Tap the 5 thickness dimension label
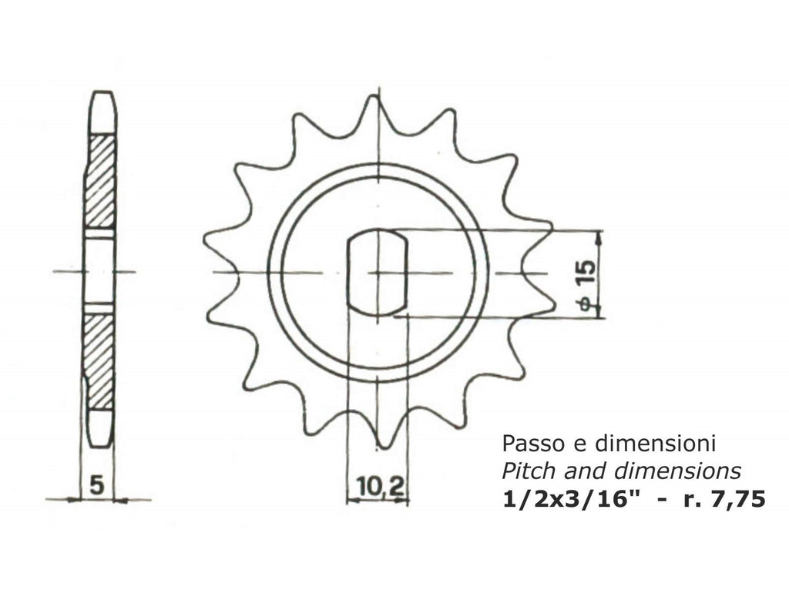pyautogui.click(x=97, y=485)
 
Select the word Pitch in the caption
pyautogui.click(x=522, y=471)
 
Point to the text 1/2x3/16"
pyautogui.click(x=570, y=498)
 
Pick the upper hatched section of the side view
pyautogui.click(x=99, y=181)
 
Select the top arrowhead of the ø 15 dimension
pyautogui.click(x=599, y=236)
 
